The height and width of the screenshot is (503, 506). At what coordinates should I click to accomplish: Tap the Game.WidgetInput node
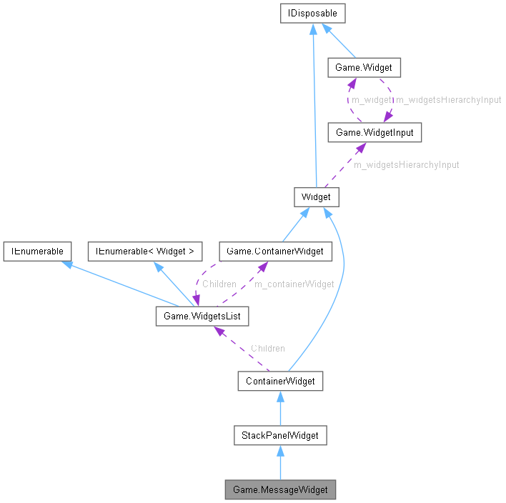tap(369, 132)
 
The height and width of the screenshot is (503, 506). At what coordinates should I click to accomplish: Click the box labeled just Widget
tap(316, 196)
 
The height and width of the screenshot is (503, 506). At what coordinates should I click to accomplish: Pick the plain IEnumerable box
tap(37, 251)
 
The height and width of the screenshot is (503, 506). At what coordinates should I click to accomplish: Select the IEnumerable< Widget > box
tap(145, 251)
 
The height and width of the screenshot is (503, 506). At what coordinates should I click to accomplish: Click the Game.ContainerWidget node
tap(275, 251)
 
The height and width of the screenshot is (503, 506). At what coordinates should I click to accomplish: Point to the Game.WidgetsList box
tap(202, 315)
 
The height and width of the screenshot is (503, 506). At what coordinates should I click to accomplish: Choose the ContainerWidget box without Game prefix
tap(279, 381)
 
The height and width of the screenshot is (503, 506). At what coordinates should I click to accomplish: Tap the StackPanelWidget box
tap(279, 435)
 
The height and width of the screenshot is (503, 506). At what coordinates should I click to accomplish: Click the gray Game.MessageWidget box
tap(279, 490)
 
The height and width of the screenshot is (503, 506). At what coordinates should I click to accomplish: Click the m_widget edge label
tap(371, 100)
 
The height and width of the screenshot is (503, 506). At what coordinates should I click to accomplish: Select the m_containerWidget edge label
tap(294, 284)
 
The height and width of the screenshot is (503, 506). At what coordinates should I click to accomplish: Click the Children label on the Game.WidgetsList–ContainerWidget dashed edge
tap(267, 348)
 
